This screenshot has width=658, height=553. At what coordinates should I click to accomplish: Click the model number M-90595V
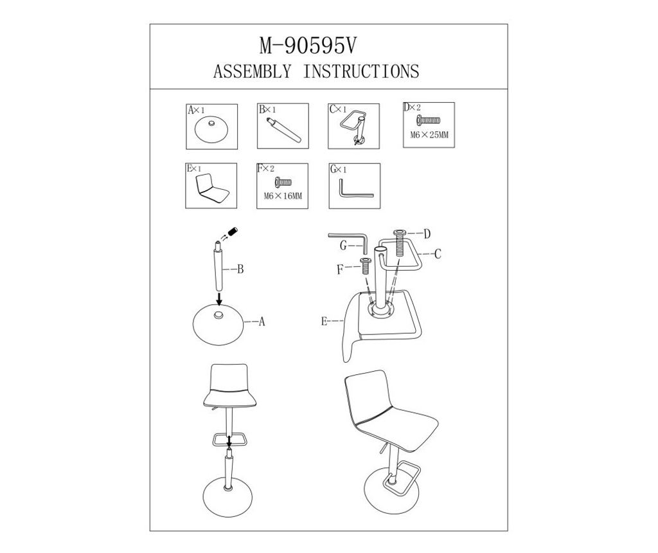[308, 46]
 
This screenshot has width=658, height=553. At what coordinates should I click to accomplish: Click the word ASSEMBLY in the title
[252, 71]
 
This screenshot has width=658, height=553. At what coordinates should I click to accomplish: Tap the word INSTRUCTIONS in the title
[361, 71]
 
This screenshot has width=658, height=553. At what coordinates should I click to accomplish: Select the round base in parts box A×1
[211, 129]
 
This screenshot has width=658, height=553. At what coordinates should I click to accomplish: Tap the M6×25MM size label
[429, 135]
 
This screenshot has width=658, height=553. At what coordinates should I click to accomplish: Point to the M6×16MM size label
[283, 195]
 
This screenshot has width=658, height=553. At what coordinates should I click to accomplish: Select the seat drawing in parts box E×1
[212, 188]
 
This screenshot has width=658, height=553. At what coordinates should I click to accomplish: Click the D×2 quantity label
[412, 107]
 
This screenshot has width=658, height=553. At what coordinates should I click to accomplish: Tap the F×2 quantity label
[265, 169]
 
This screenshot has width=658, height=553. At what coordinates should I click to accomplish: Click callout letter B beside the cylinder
[240, 269]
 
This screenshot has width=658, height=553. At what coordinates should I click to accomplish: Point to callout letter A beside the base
[262, 322]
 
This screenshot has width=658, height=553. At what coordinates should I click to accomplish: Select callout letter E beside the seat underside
[324, 322]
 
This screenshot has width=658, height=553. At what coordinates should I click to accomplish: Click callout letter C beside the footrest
[438, 254]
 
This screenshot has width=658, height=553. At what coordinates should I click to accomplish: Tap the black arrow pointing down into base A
[218, 299]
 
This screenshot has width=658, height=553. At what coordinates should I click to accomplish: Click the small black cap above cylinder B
[233, 231]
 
